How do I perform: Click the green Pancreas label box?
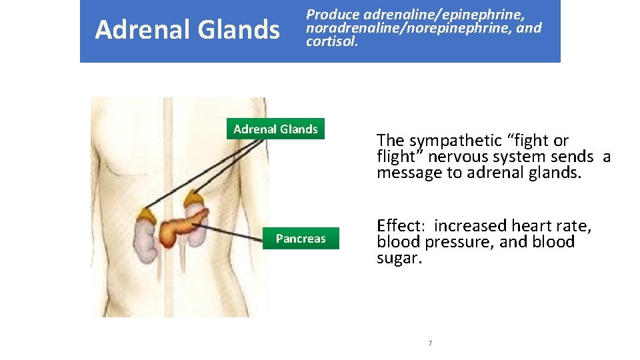[301, 238]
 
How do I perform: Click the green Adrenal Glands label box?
[275, 129]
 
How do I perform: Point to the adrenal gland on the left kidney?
[146, 215]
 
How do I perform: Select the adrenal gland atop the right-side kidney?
[195, 199]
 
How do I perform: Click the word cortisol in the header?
[331, 42]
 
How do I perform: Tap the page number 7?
[430, 343]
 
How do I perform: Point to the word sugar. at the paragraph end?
[399, 258]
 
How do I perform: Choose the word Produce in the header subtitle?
[333, 14]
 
